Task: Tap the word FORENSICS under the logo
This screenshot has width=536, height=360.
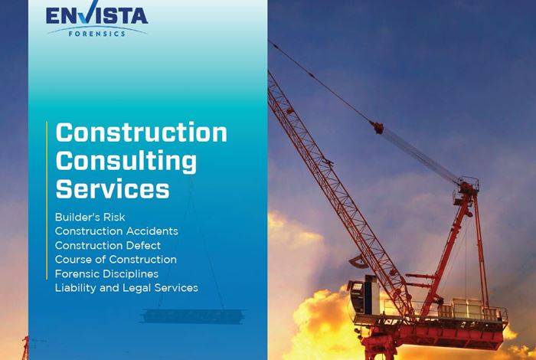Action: coord(97,34)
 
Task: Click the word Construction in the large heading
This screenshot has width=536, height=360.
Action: coord(142,133)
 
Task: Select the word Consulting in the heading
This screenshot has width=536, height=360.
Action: coord(126,162)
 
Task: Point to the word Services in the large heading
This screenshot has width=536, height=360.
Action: coord(113,188)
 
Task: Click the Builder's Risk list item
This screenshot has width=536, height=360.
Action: coord(90,217)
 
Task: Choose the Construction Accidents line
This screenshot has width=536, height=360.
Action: coord(116,231)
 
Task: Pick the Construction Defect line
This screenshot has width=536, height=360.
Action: coord(108,245)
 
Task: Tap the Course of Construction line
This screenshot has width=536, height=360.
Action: coord(116,260)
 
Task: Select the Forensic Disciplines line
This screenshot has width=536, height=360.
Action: coord(106,274)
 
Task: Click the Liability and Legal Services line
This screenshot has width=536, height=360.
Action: coord(126,288)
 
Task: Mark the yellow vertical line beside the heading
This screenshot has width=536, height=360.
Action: coord(47,201)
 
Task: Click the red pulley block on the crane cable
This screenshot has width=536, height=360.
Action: coord(377,127)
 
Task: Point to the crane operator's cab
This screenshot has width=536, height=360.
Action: coord(364,296)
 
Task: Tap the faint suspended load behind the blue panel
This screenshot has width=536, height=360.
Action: coord(194,316)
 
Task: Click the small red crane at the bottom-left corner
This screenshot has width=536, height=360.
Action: coord(25,347)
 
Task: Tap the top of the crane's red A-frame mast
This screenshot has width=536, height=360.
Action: coord(468,184)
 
